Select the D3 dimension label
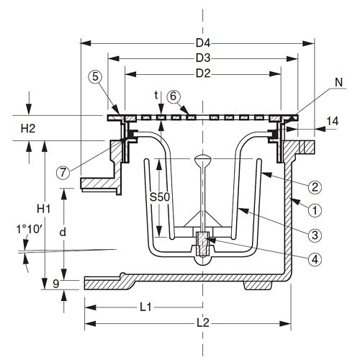pyautogui.click(x=203, y=56)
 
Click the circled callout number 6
pyautogui.click(x=173, y=96)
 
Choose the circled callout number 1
pyautogui.click(x=315, y=210)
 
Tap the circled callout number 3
pyautogui.click(x=315, y=234)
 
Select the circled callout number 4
pyautogui.click(x=315, y=258)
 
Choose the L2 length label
pyautogui.click(x=204, y=323)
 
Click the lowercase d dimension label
pyautogui.click(x=63, y=232)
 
